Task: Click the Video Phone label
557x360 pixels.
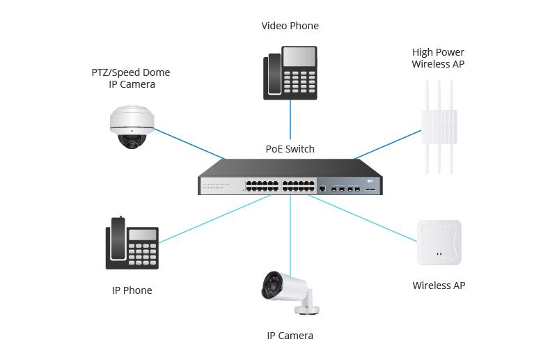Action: [x=290, y=26]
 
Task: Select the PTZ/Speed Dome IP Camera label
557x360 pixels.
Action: [x=131, y=78]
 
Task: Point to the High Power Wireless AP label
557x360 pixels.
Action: [x=437, y=58]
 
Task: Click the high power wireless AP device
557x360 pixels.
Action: [x=437, y=129]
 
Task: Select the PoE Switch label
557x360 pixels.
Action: [x=290, y=149]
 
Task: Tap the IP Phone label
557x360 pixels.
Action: [x=132, y=290]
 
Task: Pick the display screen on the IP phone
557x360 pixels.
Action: [x=143, y=235]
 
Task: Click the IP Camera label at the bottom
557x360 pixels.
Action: [x=290, y=336]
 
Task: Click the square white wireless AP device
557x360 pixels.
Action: [x=439, y=242]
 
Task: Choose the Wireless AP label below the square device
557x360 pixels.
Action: [x=439, y=285]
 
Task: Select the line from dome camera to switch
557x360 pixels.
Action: [x=188, y=144]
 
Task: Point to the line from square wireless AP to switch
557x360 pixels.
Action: [x=362, y=219]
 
